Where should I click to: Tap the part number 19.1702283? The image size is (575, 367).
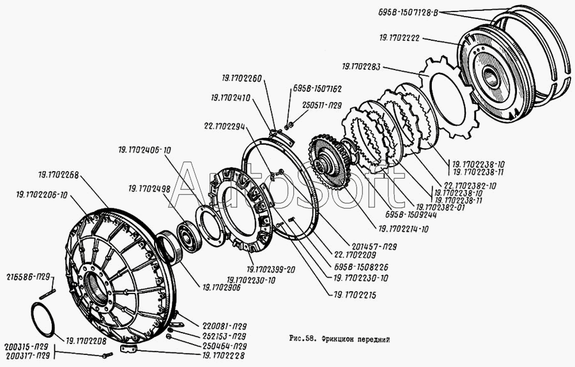click(x=362, y=66)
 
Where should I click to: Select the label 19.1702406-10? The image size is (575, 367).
click(x=145, y=151)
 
